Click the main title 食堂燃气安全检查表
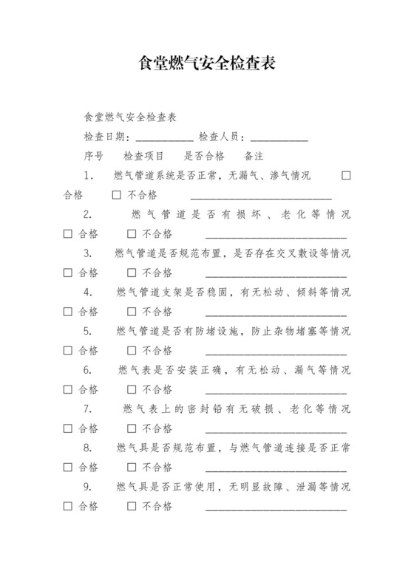point(207,64)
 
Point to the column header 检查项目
point(143,157)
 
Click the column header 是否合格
point(204,157)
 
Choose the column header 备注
point(254,157)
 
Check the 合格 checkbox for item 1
point(345,176)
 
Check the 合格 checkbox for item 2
point(68,234)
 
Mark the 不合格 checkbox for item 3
point(132,273)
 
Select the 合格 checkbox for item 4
point(68,312)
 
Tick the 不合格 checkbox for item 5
point(132,350)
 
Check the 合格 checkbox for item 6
point(68,389)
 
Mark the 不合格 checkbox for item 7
point(132,428)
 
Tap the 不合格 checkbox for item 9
point(132,506)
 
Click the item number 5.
point(87,331)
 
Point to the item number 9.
point(87,487)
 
